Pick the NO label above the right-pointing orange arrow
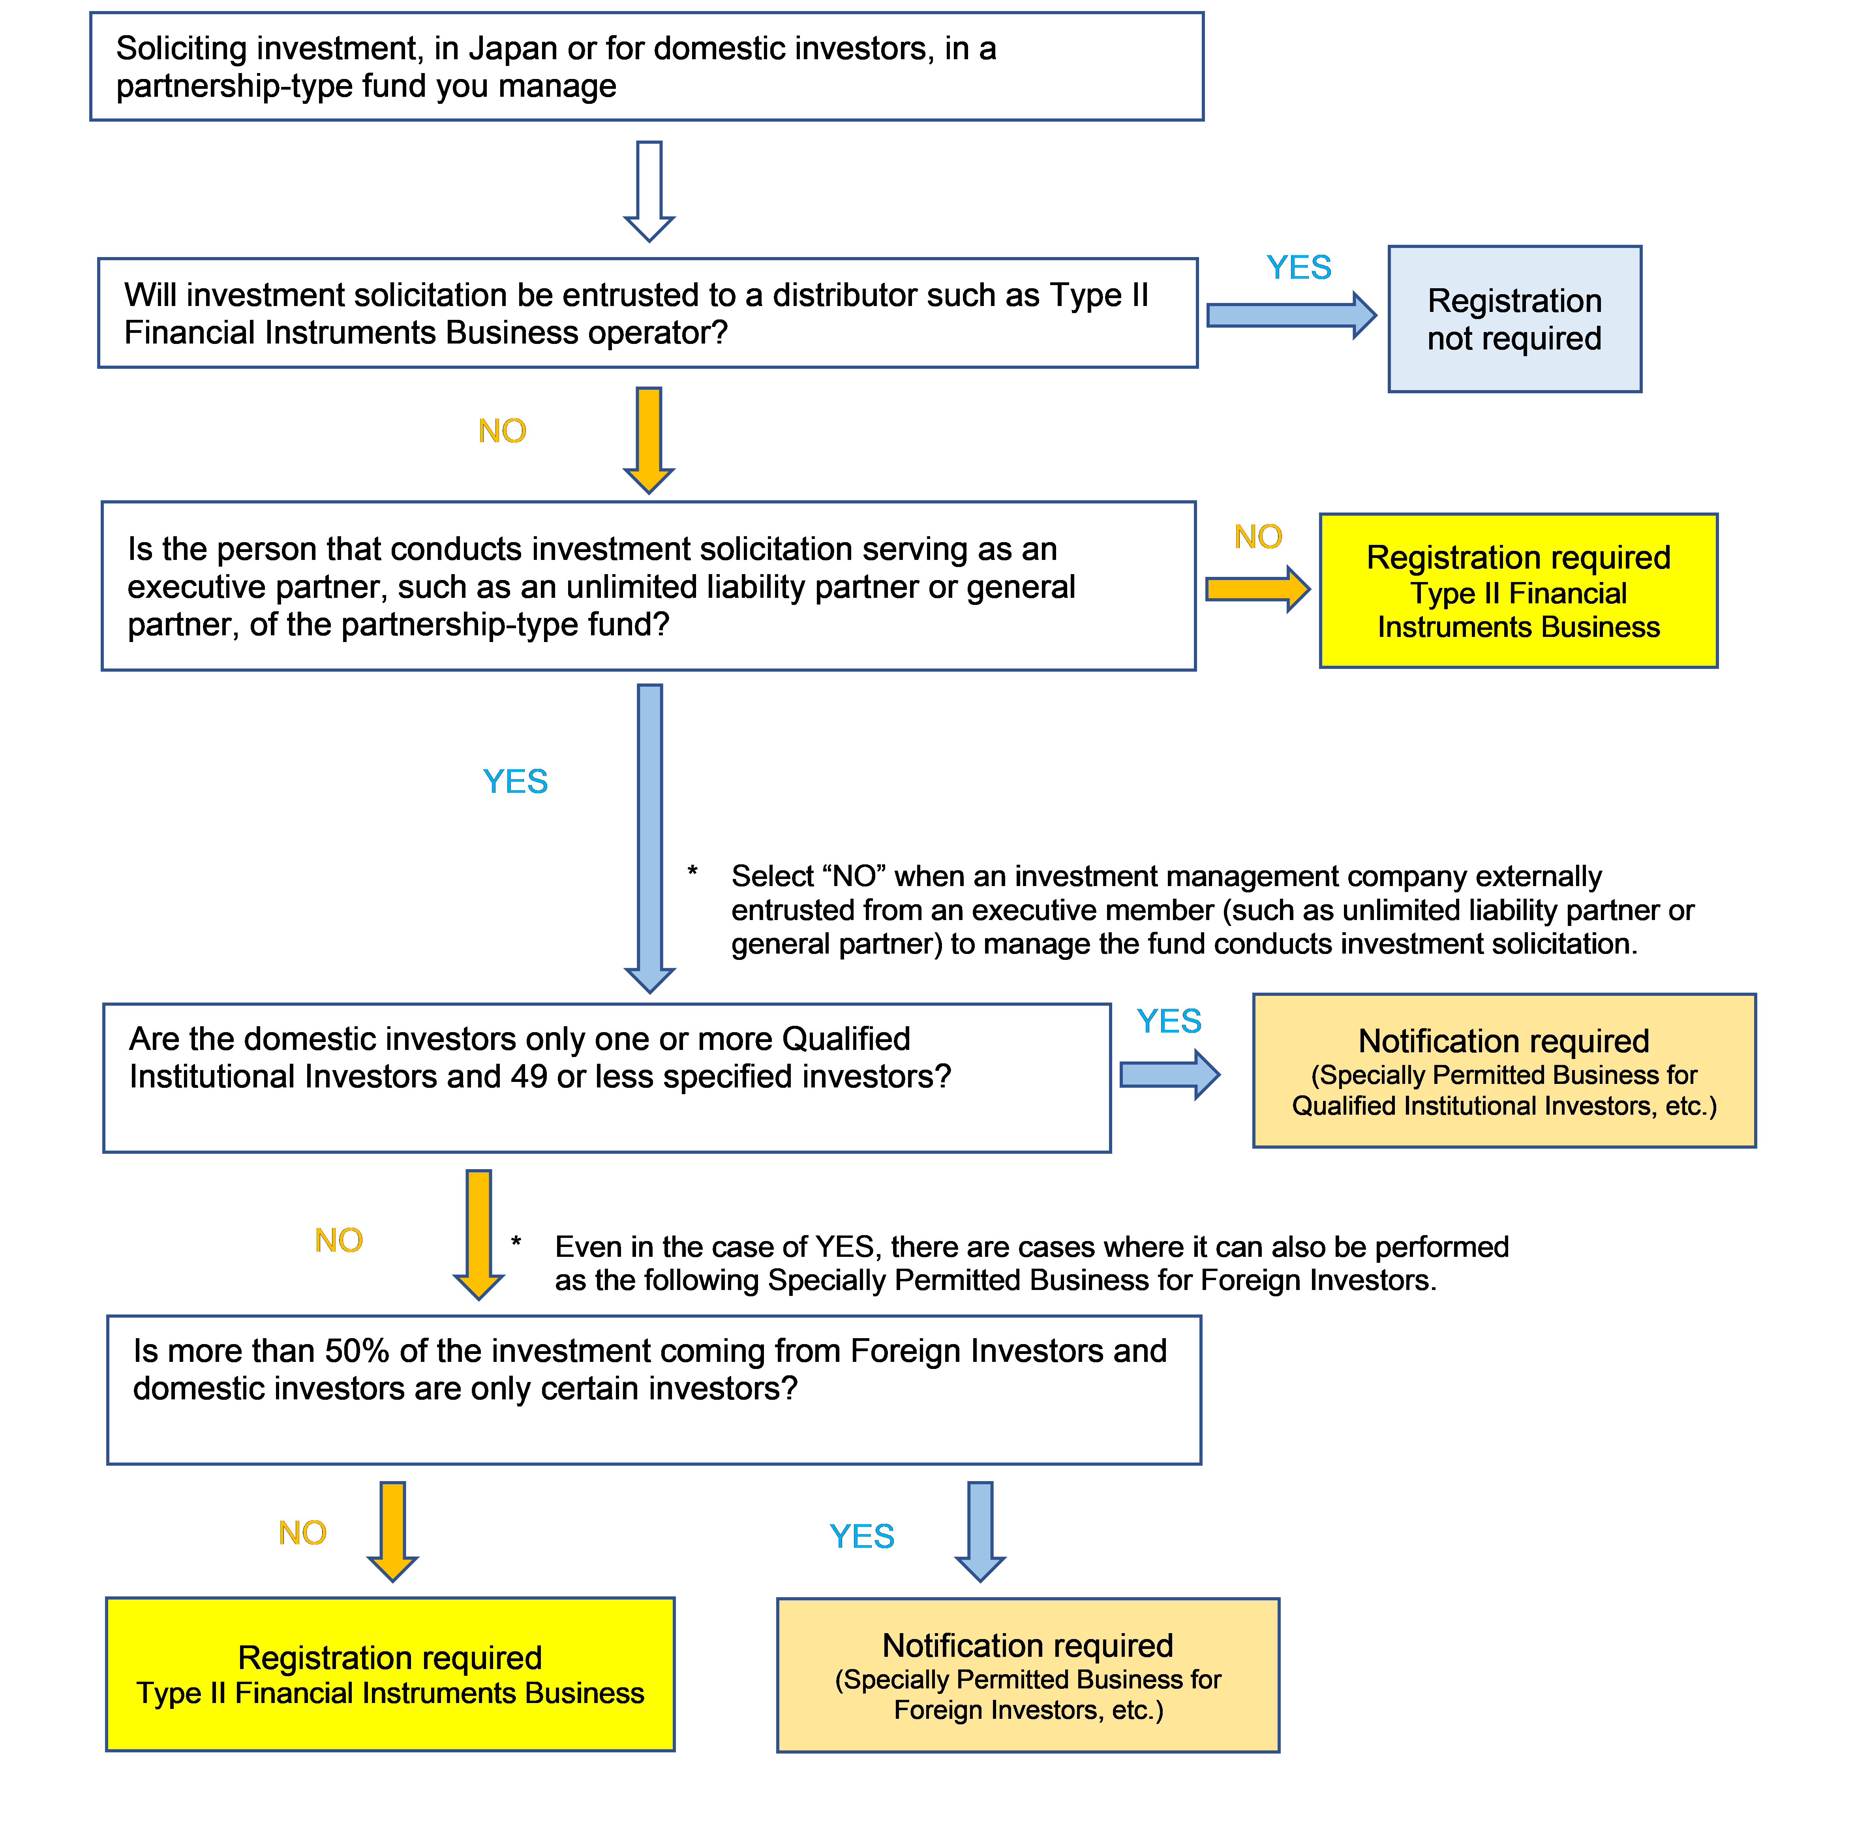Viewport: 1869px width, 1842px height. coord(1257,537)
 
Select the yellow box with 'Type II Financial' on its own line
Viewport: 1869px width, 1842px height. coord(1518,591)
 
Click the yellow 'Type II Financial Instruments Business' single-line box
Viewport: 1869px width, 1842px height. coord(390,1675)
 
